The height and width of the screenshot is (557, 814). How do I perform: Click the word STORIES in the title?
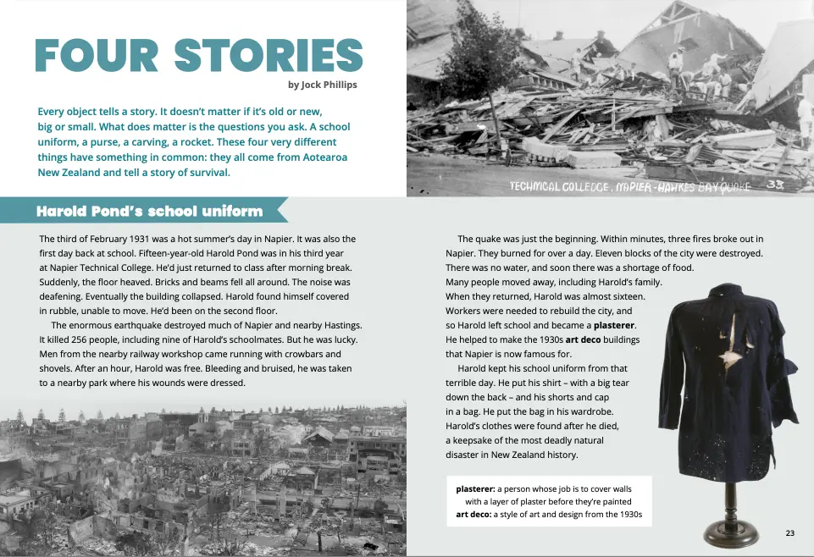tap(269, 56)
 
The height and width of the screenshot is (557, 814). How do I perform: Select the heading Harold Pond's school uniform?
tap(149, 211)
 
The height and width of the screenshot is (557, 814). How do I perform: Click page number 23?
tap(789, 532)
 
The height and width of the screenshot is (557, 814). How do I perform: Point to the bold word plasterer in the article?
tap(614, 325)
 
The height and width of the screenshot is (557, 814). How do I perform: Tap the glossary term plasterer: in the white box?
tap(475, 488)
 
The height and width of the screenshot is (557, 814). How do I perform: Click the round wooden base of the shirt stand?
tap(736, 532)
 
